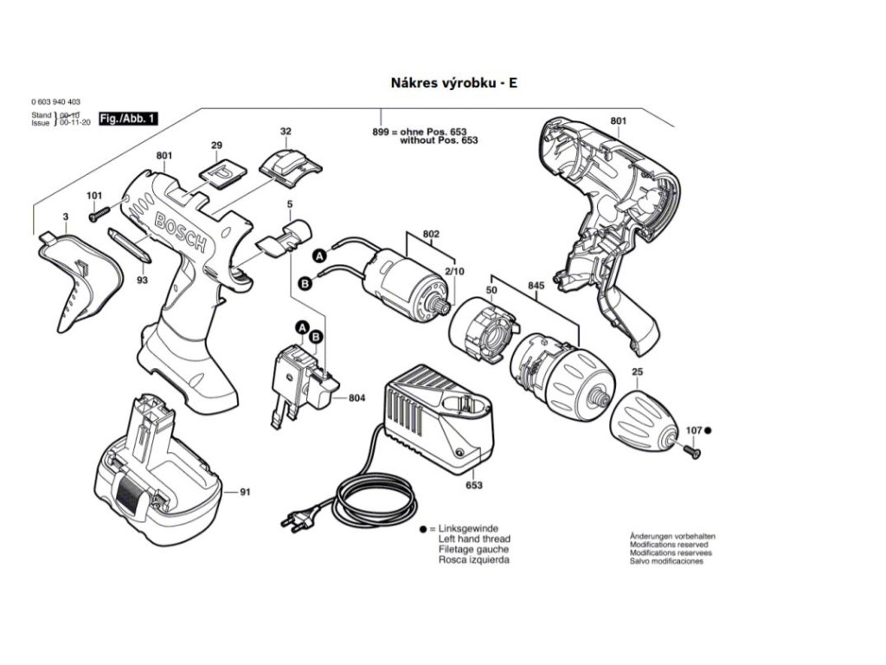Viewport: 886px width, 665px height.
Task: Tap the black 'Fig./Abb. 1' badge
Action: pyautogui.click(x=128, y=118)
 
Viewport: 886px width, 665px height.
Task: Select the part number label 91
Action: pyautogui.click(x=245, y=493)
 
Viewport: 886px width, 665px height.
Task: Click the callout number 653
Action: pyautogui.click(x=474, y=486)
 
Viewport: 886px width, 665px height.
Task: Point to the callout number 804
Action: pyautogui.click(x=356, y=398)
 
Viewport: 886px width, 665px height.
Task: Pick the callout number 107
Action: pyautogui.click(x=694, y=430)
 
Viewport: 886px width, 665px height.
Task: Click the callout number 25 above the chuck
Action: pyautogui.click(x=638, y=373)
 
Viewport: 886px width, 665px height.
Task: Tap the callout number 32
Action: pyautogui.click(x=286, y=132)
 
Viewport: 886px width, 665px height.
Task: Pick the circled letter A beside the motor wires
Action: pyautogui.click(x=318, y=255)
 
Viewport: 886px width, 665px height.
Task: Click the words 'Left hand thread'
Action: pyautogui.click(x=474, y=539)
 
